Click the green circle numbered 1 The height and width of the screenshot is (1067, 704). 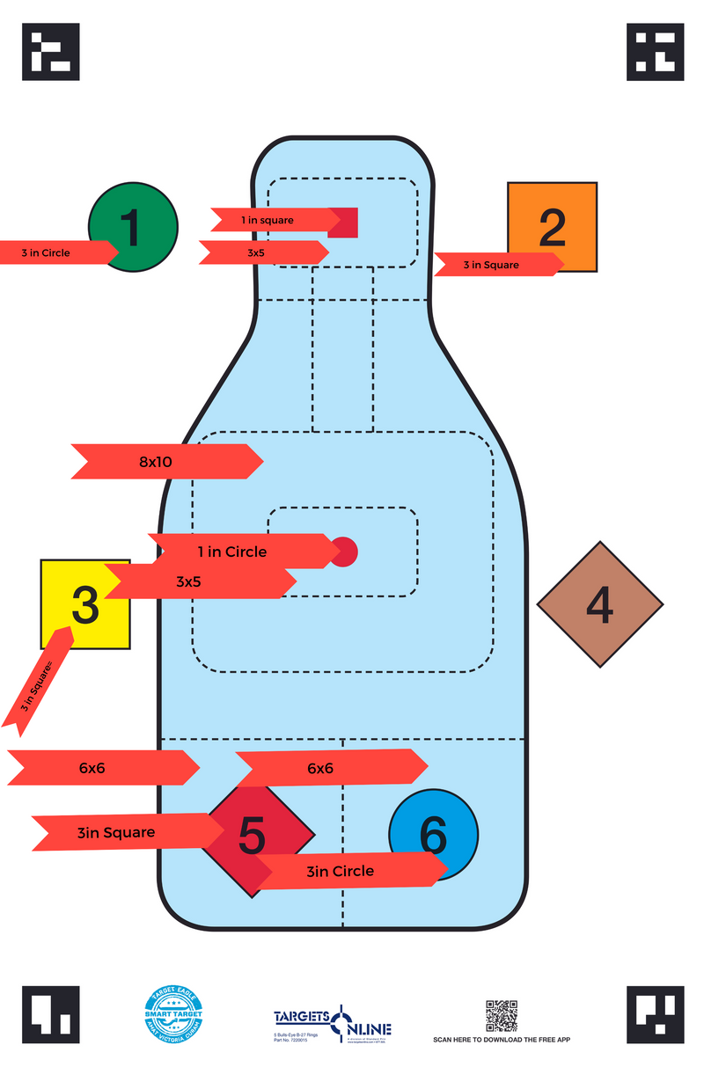[x=141, y=216]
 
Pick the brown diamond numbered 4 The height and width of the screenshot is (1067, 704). [x=600, y=604]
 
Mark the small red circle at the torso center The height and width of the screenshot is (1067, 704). [x=345, y=552]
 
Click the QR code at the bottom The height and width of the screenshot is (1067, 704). [x=502, y=1015]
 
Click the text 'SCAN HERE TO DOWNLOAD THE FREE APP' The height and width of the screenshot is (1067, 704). [x=502, y=1041]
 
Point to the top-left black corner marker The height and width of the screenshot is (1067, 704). [x=51, y=52]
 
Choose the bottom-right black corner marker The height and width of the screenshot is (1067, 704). [x=655, y=1014]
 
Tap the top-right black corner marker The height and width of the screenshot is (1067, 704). [x=655, y=52]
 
